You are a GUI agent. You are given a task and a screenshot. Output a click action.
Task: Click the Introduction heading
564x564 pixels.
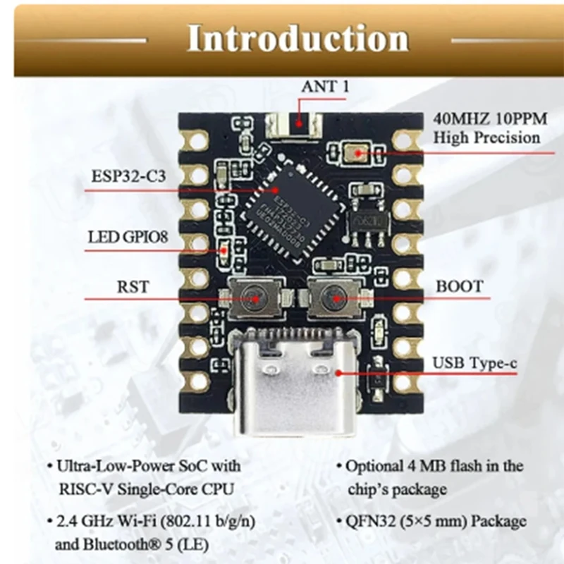click(298, 39)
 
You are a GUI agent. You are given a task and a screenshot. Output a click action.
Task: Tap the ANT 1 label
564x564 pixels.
click(325, 87)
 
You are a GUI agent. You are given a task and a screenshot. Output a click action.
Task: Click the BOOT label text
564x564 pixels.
click(459, 286)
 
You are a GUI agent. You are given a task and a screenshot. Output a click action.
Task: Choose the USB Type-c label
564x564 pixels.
click(474, 364)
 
